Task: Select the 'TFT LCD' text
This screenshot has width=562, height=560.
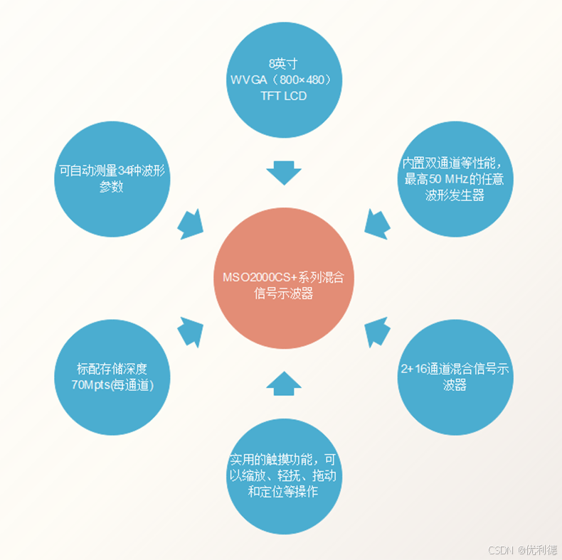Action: (283, 96)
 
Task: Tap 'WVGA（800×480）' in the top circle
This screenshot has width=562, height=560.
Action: (283, 80)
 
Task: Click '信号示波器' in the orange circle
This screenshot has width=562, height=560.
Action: (283, 294)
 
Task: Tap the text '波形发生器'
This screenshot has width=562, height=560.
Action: (455, 195)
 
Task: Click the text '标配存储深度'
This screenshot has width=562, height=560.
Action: (112, 369)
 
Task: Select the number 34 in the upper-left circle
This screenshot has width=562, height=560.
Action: (125, 171)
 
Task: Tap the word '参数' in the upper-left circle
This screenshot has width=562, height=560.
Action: (112, 187)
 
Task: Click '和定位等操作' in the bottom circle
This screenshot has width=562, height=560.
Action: (283, 492)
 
